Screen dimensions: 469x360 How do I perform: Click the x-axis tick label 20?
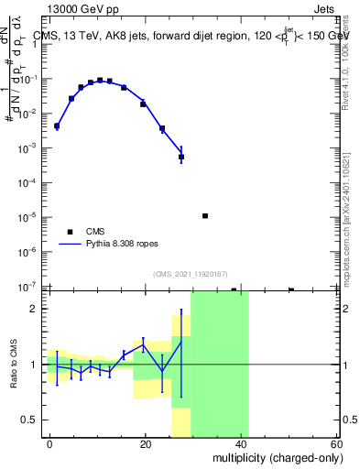point(146,443)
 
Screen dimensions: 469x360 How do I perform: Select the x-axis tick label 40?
point(242,443)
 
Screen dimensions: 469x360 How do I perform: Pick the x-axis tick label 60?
point(336,443)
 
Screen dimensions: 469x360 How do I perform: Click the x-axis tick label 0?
point(50,443)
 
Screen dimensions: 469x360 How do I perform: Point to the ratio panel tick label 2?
point(33,309)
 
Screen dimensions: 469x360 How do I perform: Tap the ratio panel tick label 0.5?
point(28,420)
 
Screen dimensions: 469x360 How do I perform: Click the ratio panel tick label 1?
point(33,365)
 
